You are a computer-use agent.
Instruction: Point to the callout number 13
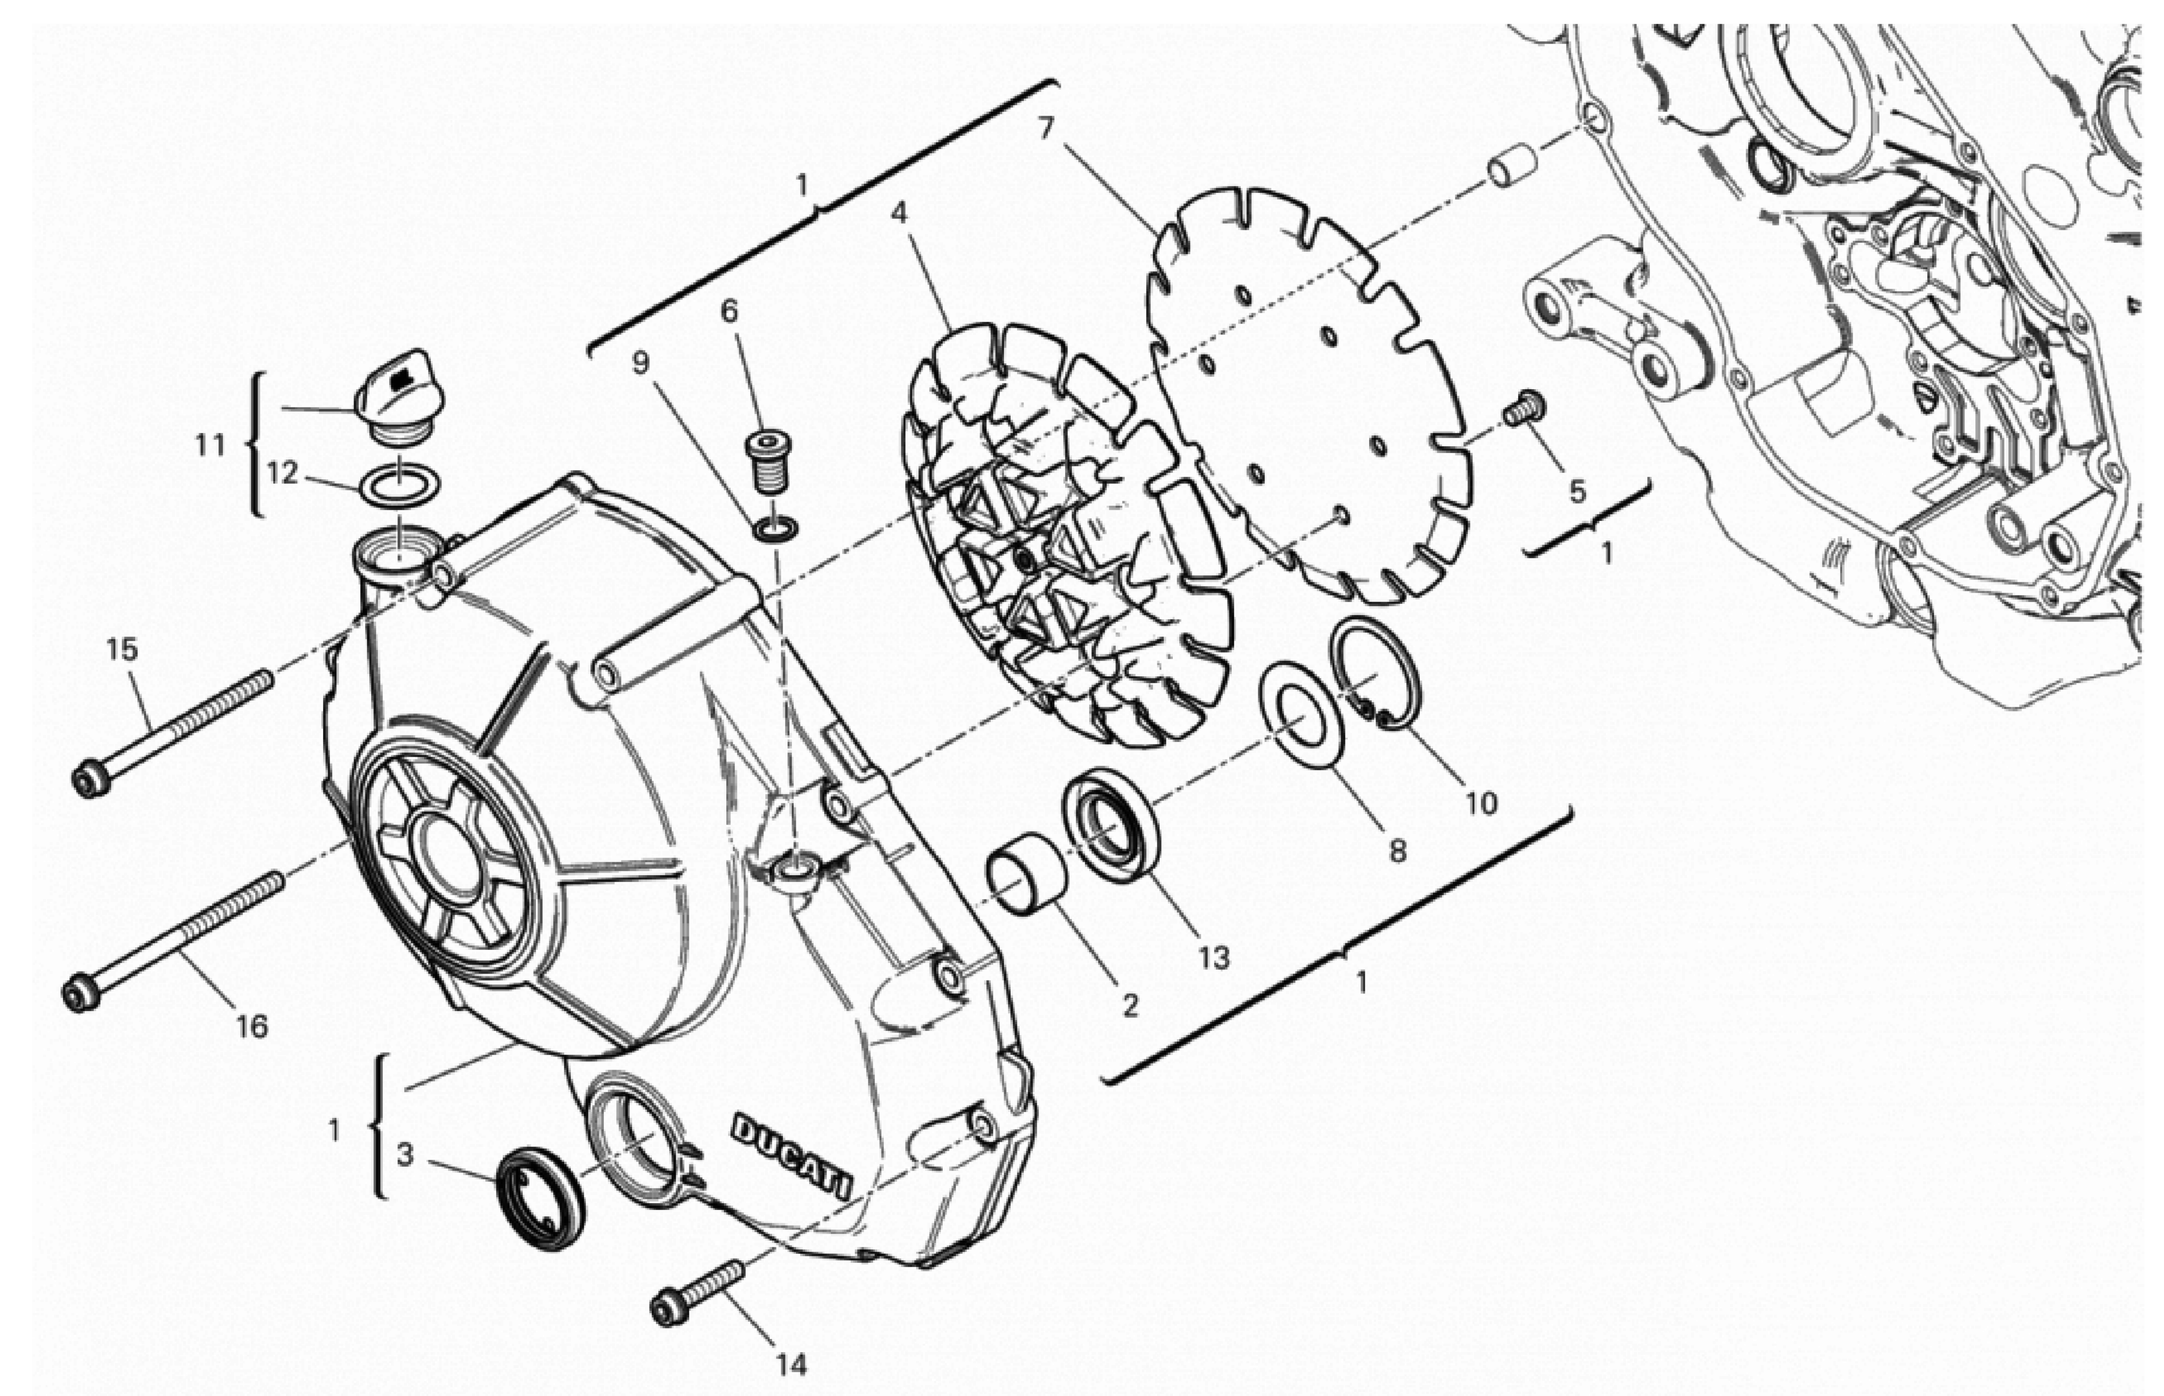coord(1213,957)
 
